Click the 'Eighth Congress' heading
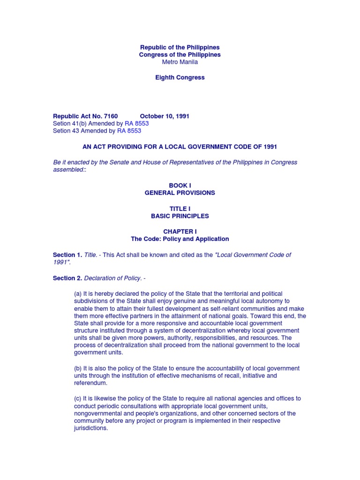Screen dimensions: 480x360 [x=180, y=77]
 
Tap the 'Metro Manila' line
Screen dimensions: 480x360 [x=180, y=62]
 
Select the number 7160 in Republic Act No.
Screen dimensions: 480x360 [x=107, y=116]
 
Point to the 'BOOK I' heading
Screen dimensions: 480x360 [x=180, y=186]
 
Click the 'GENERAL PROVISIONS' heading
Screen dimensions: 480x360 [x=180, y=193]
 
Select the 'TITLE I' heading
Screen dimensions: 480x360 [x=180, y=209]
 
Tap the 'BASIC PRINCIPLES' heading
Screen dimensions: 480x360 [x=180, y=216]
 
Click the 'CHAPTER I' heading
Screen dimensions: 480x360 [x=180, y=232]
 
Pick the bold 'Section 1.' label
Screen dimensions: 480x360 [x=67, y=255]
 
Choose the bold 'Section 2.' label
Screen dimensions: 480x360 [x=67, y=278]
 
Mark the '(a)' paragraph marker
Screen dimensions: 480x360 [x=78, y=293]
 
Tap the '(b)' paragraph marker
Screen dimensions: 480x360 [x=78, y=368]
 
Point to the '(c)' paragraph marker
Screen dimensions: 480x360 [x=78, y=398]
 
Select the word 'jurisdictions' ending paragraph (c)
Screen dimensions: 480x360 [x=90, y=428]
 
